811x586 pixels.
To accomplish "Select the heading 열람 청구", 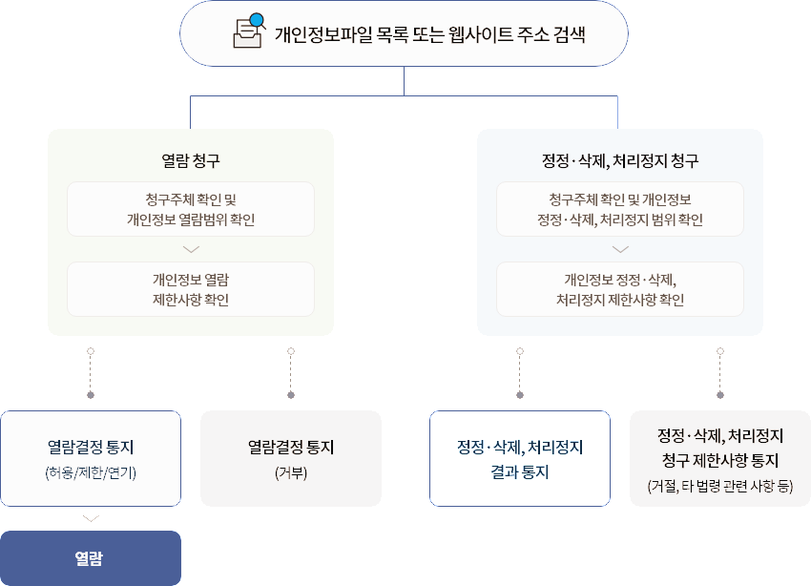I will point(191,160).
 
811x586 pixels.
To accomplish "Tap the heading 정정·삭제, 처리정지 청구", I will point(620,160).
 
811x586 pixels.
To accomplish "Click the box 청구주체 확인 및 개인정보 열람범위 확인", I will point(191,209).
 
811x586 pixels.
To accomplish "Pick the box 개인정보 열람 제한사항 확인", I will point(191,289).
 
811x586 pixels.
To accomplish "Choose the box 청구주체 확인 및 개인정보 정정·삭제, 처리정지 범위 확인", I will point(620,209).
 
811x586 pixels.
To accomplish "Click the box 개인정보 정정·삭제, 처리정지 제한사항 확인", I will point(620,289).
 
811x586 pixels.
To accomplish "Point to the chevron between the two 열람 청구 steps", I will point(191,249).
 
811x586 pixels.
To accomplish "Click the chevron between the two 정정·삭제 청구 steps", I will point(620,249).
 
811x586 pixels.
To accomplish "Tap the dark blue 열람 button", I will point(91,557).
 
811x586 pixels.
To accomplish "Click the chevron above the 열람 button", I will point(91,518).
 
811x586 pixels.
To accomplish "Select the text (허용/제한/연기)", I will point(91,472).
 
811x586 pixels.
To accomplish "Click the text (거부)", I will point(291,472).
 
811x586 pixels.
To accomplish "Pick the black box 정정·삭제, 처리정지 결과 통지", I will point(520,459).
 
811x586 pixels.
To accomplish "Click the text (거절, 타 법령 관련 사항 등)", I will point(720,487).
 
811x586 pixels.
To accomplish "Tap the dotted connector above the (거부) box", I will point(291,372).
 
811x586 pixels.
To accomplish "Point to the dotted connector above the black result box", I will point(520,372).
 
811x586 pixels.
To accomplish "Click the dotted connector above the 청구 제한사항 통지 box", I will point(720,372).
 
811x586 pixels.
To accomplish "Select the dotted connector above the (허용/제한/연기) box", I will point(91,372).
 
